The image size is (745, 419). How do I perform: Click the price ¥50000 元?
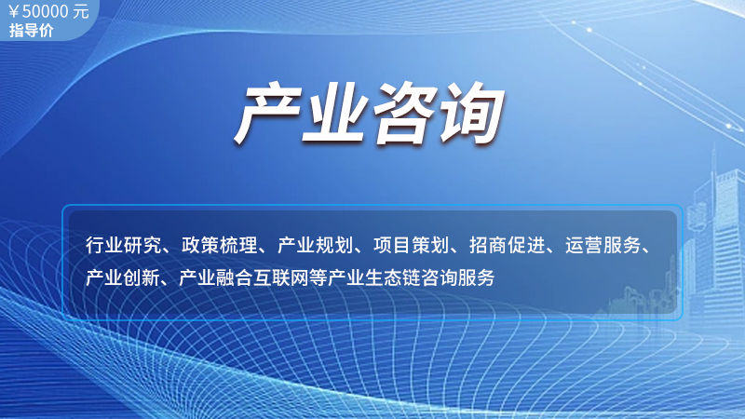[x=49, y=11]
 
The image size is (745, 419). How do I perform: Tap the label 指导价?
[x=31, y=31]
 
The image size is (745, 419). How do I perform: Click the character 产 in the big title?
[x=269, y=113]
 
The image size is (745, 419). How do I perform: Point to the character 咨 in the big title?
[x=405, y=113]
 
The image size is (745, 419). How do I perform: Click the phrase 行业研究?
[x=123, y=245]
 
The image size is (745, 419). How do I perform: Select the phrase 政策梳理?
[x=219, y=245]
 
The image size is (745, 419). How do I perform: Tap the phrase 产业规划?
[x=315, y=245]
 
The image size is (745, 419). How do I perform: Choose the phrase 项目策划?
[x=411, y=245]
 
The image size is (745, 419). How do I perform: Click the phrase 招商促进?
[x=507, y=245]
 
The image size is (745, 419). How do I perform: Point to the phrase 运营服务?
[x=603, y=245]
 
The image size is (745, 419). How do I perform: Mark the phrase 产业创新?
[x=123, y=277]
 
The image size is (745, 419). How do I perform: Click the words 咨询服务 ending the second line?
[x=457, y=277]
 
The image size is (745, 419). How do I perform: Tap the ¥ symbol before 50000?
[x=14, y=12]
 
